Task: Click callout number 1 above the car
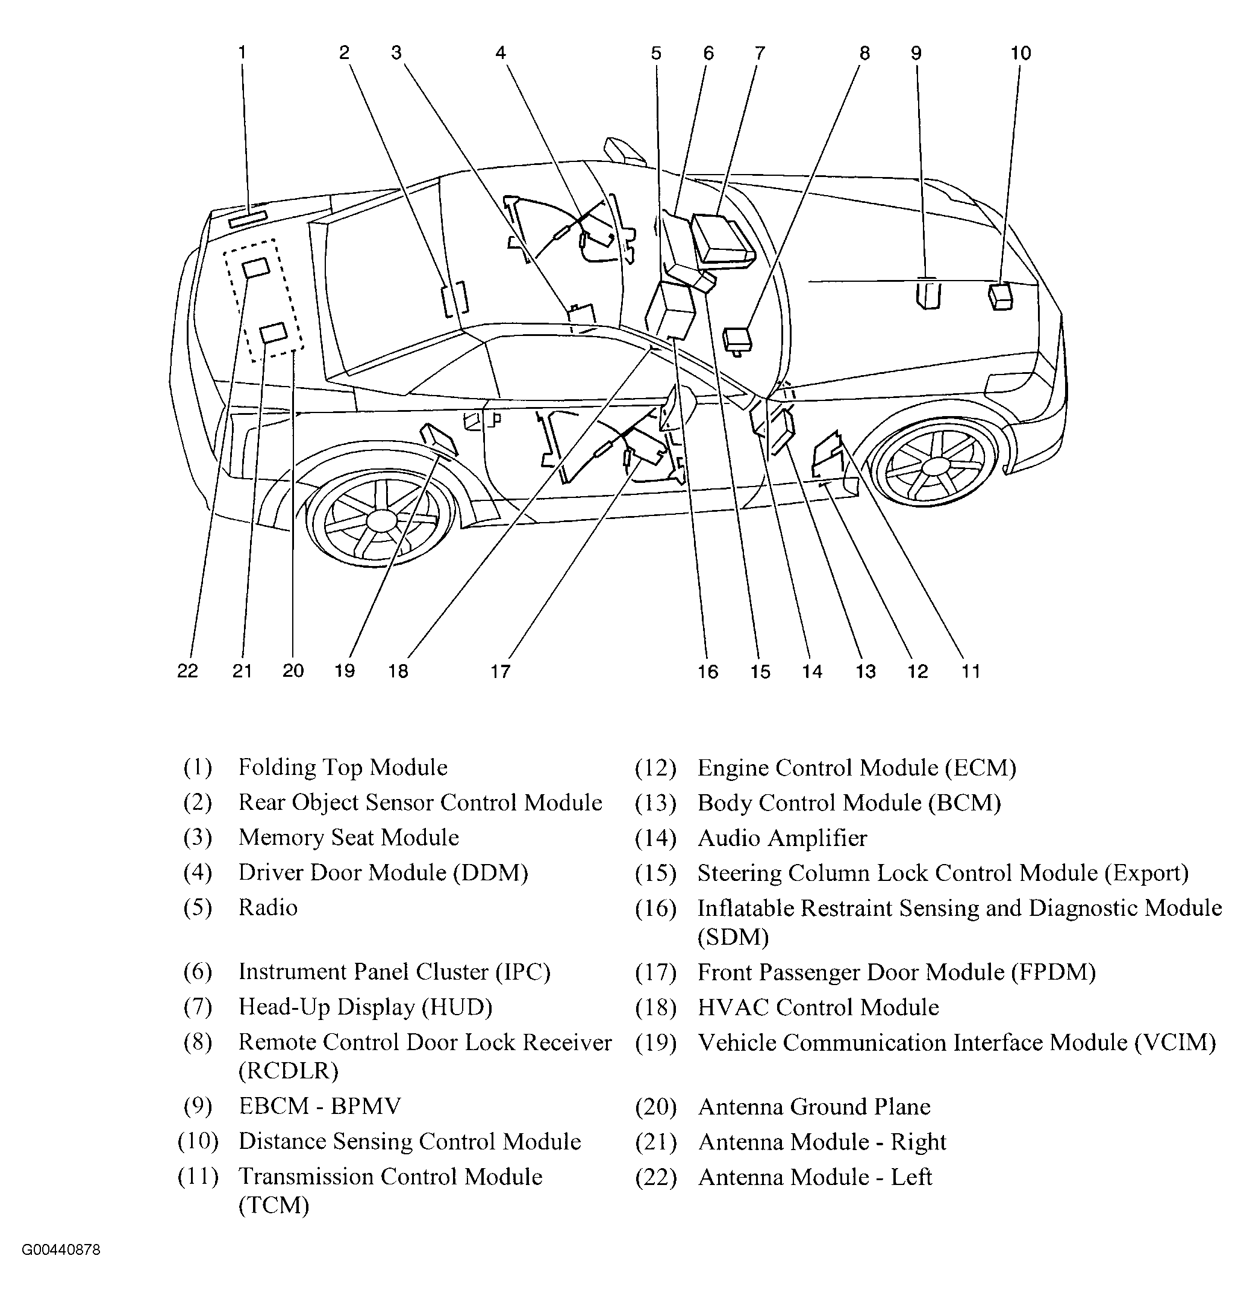242,52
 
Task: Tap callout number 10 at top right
1021,53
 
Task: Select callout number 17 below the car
501,671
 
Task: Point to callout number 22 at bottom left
188,671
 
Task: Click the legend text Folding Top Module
343,768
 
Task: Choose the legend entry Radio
268,907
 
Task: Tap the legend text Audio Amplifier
782,839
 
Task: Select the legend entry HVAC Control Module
817,1007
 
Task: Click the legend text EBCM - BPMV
320,1106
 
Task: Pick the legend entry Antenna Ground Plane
814,1107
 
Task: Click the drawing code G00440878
61,1250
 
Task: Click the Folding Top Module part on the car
248,218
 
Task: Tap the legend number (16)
655,908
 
